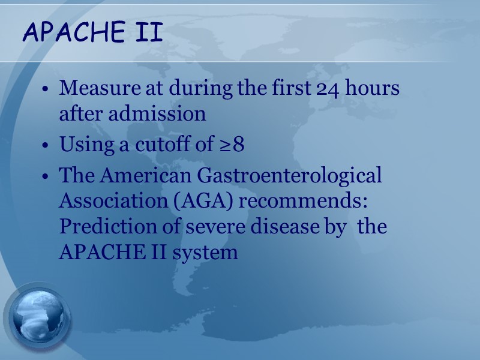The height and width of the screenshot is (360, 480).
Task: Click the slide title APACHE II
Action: [x=92, y=33]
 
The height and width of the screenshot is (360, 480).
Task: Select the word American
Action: [x=137, y=176]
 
